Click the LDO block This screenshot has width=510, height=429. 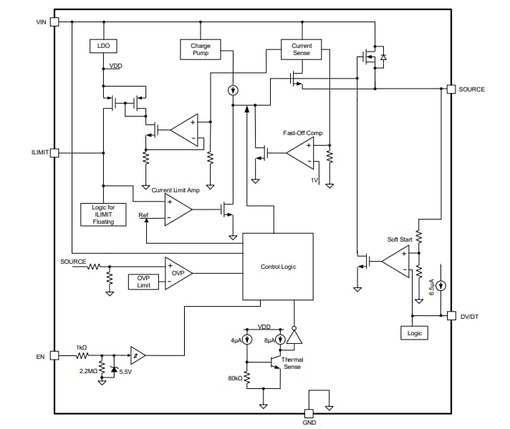[x=102, y=46]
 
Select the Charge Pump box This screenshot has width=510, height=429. [x=201, y=49]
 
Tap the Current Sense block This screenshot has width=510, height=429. [x=302, y=49]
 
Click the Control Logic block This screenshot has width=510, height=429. [x=278, y=266]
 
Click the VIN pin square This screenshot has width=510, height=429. [x=54, y=21]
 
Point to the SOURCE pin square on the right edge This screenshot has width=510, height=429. [x=451, y=89]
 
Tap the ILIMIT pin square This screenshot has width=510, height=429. [x=54, y=153]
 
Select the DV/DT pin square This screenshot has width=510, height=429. [x=451, y=315]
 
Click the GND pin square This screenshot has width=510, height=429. [x=309, y=413]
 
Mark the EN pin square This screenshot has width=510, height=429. [x=54, y=355]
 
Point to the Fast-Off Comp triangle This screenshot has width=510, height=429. [x=299, y=152]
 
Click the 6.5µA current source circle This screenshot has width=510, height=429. [x=442, y=286]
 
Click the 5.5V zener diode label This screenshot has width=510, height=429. [x=125, y=372]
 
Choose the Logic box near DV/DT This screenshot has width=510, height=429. [x=415, y=333]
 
